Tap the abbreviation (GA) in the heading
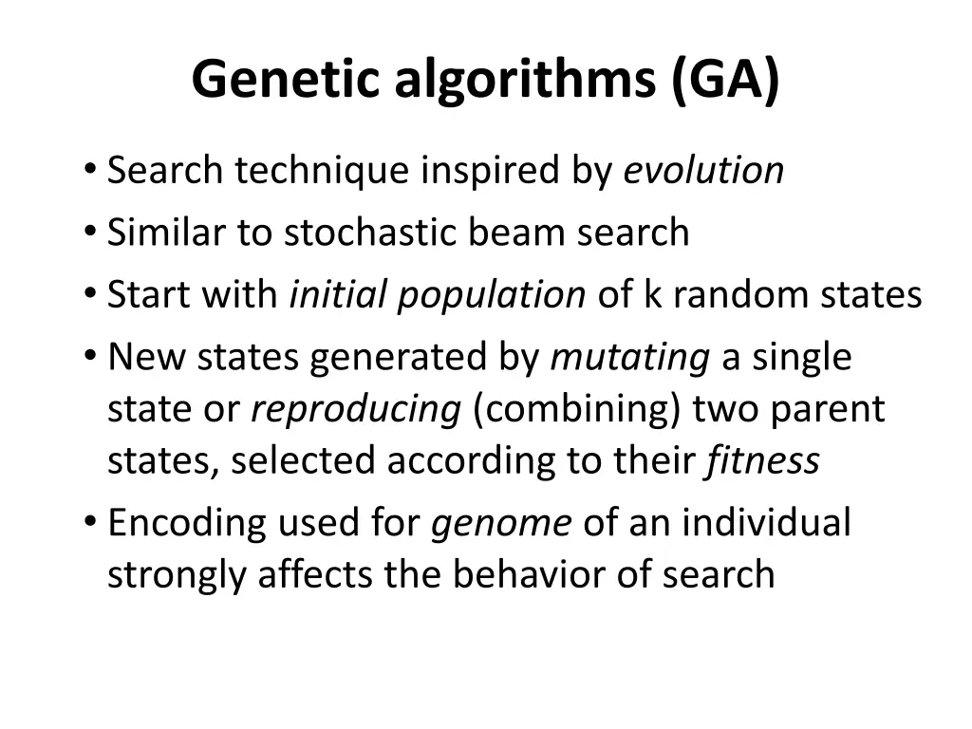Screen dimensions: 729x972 (725, 79)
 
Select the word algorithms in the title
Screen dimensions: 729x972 (525, 79)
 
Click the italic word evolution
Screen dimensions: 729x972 (703, 171)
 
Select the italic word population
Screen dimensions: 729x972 (492, 295)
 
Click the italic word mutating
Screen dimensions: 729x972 (630, 358)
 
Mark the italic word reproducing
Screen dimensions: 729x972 (356, 410)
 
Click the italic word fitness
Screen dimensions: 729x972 (762, 461)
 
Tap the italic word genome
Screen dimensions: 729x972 (502, 523)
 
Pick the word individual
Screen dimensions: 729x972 (766, 523)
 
